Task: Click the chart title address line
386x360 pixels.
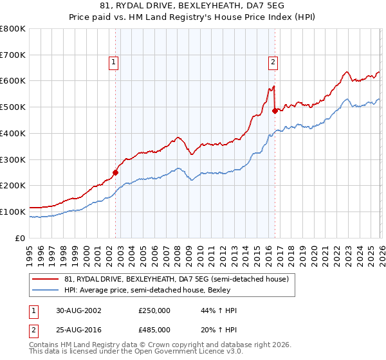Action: (192, 6)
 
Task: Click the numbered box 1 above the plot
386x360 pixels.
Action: (113, 62)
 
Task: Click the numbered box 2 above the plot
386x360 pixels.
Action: (273, 62)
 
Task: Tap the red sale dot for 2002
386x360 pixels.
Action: (116, 172)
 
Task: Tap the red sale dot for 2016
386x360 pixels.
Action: (275, 111)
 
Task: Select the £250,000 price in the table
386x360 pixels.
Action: (155, 310)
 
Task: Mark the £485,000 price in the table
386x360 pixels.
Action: (155, 329)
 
